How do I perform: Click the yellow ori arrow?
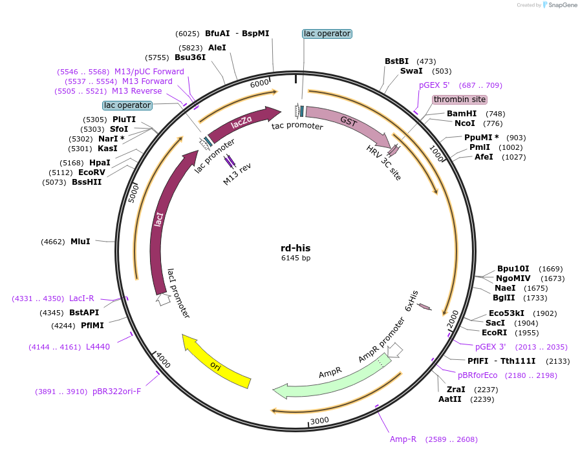pos(217,363)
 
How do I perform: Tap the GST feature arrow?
pos(349,121)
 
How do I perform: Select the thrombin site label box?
pos(460,100)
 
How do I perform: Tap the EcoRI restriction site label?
pos(495,333)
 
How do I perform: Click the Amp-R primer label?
pos(403,439)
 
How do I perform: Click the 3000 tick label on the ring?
pos(320,421)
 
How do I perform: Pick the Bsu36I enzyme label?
pos(190,57)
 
